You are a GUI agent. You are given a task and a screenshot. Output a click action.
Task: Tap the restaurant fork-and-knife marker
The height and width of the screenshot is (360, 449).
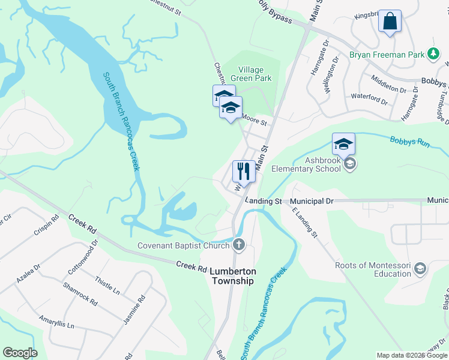244,172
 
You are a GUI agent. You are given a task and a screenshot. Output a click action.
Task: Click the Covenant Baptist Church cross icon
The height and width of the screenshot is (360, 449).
239,245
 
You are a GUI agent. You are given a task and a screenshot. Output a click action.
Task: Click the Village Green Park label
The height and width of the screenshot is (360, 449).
255,74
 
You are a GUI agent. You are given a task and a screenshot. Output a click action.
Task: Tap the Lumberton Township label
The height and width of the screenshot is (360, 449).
233,276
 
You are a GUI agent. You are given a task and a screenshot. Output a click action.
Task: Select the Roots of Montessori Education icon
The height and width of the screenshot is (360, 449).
420,268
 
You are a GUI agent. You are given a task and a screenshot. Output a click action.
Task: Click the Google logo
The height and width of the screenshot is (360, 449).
20,353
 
